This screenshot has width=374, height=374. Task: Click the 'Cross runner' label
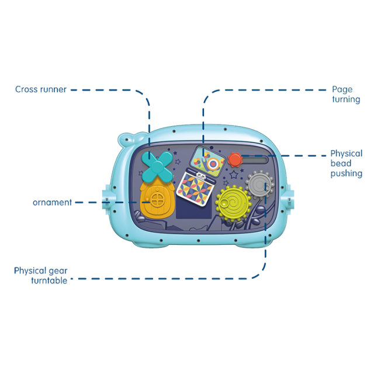point(41,89)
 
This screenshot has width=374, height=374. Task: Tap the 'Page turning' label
point(346,95)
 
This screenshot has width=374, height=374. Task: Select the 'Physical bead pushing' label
point(347,164)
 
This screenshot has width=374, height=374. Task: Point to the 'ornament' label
point(52,203)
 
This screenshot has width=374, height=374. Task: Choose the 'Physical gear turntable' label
point(41,276)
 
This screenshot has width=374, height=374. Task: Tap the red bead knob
point(235,160)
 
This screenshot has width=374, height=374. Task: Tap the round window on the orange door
point(158,200)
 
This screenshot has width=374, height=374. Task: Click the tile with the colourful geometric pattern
point(195,188)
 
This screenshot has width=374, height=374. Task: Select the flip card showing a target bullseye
point(207,161)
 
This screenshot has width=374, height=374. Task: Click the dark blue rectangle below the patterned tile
point(194,210)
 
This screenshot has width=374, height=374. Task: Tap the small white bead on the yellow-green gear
point(224,204)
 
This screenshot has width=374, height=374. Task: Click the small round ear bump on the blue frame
point(126,139)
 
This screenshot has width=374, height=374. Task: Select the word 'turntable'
point(49,280)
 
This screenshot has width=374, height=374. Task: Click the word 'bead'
point(341,164)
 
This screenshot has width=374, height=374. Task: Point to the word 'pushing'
point(347,174)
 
